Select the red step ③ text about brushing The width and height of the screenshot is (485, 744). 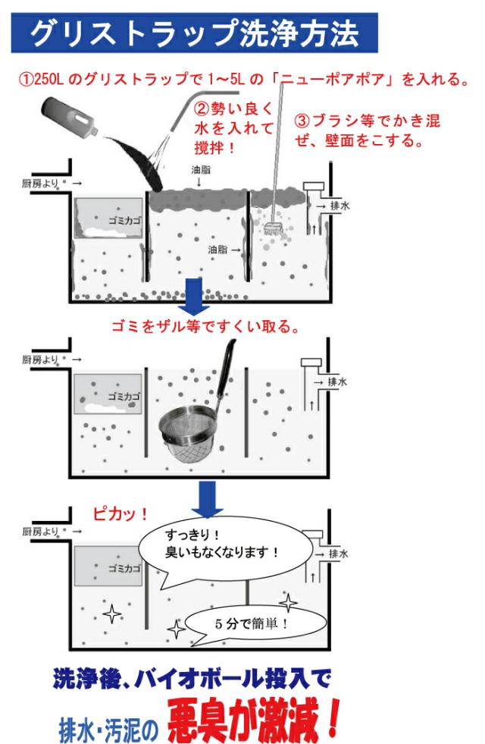[x=368, y=130]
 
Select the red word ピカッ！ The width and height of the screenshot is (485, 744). [x=119, y=513]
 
